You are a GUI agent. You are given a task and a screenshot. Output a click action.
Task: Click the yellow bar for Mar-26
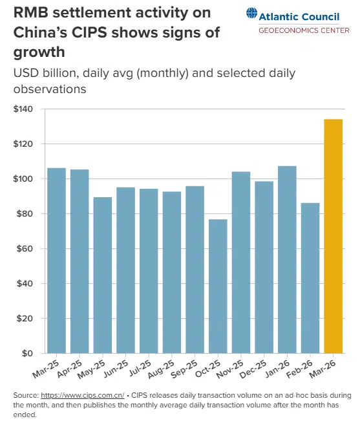click(333, 236)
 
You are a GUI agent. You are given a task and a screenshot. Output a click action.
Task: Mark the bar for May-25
click(103, 275)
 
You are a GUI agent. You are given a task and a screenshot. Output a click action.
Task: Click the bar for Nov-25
click(241, 262)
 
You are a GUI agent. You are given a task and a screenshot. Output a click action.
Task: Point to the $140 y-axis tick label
click(23, 109)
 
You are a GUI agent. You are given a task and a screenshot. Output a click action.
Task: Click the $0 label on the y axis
click(28, 353)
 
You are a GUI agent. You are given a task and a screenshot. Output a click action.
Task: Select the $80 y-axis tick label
click(25, 213)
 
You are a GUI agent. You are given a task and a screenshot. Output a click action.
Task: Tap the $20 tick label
click(25, 318)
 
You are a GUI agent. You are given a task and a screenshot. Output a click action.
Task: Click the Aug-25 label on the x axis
click(168, 371)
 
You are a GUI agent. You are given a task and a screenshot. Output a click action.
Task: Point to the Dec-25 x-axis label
click(260, 371)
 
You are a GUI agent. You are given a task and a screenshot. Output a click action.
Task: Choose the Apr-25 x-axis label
click(76, 371)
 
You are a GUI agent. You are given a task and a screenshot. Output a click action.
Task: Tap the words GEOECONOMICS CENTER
click(304, 30)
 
